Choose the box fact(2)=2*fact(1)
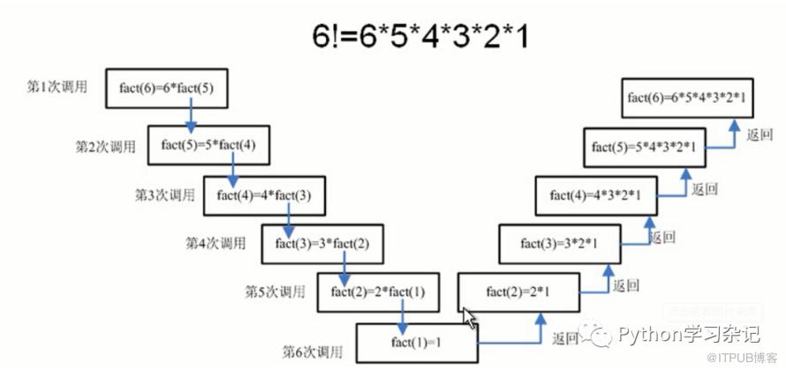pos(378,292)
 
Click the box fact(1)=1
pos(412,341)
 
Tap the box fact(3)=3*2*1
pos(559,243)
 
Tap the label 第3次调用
pos(164,195)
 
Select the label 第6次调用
pos(313,352)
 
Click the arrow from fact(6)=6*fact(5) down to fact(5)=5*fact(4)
pos(192,118)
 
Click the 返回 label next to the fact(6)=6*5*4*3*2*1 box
pos(760,135)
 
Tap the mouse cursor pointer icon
pos(469,317)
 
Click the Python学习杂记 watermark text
pos(689,335)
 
